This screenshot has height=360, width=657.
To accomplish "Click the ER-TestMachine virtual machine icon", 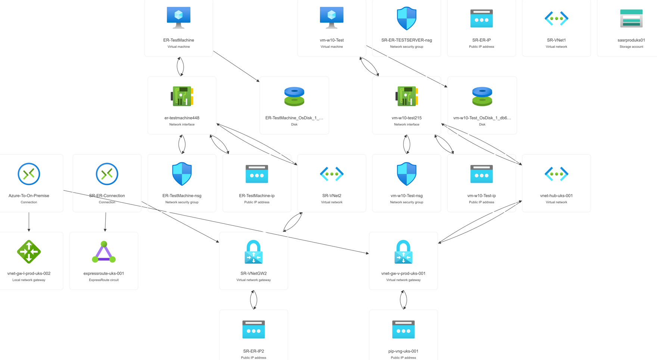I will [x=178, y=17].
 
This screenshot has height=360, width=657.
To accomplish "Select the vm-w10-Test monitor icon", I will [x=331, y=17].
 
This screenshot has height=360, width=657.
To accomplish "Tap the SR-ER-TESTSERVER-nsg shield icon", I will [x=407, y=18].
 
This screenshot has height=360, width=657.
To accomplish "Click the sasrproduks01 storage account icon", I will [x=631, y=18].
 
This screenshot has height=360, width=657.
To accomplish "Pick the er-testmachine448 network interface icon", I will [x=182, y=96].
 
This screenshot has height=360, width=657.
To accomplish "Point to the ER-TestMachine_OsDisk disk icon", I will [x=294, y=96].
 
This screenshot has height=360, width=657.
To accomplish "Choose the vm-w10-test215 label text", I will [x=407, y=118].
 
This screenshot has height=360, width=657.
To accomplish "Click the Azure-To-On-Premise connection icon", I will [x=29, y=174].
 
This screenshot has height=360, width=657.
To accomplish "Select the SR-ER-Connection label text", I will [x=107, y=195].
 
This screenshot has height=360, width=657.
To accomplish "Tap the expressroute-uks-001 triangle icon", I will [x=104, y=252].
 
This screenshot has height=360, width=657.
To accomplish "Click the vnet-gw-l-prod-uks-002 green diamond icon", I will [x=29, y=252].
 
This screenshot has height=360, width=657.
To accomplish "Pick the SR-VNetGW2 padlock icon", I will [x=253, y=252].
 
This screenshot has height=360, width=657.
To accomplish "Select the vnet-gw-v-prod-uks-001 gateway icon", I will [x=403, y=252].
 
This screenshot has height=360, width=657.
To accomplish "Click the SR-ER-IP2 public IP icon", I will [x=253, y=329].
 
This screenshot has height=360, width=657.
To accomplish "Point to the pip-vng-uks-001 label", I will [x=403, y=351].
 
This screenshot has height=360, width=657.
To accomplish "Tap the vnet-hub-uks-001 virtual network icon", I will [x=556, y=174].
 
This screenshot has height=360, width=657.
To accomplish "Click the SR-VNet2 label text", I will [x=331, y=195].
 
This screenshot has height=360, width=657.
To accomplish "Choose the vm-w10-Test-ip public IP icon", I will [x=481, y=174].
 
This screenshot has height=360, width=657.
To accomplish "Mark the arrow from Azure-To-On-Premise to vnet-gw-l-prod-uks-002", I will [x=29, y=222].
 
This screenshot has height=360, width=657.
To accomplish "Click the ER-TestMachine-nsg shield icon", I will [x=182, y=174].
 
